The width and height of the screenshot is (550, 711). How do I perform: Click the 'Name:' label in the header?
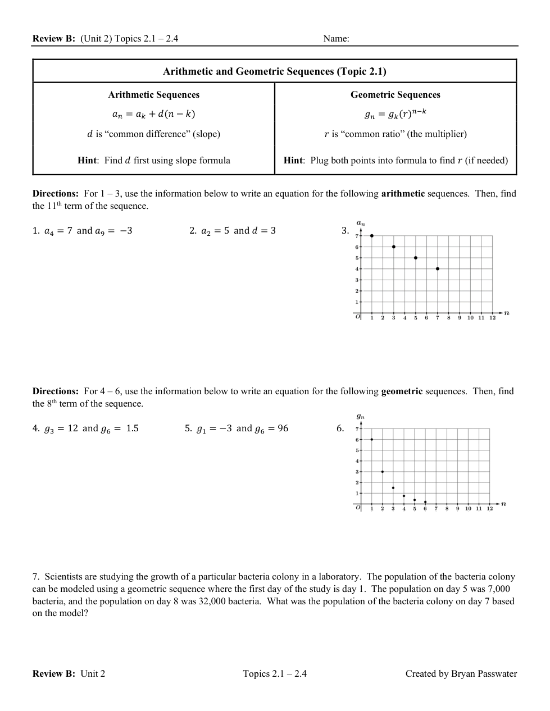[x=336, y=39]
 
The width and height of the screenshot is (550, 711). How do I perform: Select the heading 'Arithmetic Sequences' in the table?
[x=153, y=95]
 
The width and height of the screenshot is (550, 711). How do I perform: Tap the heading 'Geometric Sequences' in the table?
[x=395, y=95]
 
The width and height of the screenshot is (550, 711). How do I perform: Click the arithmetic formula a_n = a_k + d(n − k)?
[x=153, y=114]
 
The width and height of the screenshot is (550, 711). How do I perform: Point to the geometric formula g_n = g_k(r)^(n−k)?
[x=395, y=114]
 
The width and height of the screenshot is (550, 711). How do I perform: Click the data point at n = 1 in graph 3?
[x=372, y=236]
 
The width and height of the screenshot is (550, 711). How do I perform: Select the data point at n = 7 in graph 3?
[x=438, y=269]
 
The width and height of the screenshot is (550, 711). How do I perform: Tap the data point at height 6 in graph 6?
[x=372, y=439]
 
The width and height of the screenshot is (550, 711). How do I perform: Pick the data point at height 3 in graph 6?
[x=383, y=472]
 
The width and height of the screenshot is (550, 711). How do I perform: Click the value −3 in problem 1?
[x=126, y=231]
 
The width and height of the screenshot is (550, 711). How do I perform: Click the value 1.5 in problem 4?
[x=132, y=429]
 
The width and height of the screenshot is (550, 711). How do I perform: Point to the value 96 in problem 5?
[x=283, y=429]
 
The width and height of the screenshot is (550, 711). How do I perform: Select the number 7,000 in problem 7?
[x=497, y=589]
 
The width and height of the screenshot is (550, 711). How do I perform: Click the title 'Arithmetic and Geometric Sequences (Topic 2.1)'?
[x=274, y=71]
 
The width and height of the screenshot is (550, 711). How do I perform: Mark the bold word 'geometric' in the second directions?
[x=402, y=391]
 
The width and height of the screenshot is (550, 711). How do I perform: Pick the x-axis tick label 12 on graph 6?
[x=490, y=509]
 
